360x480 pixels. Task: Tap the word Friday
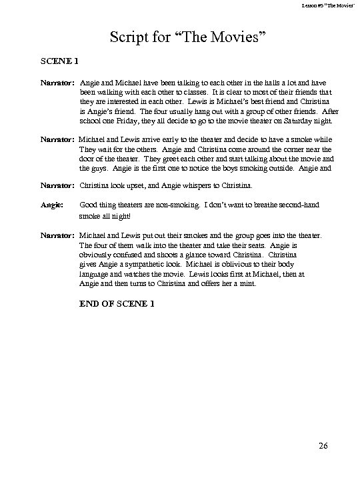pos(125,121)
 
